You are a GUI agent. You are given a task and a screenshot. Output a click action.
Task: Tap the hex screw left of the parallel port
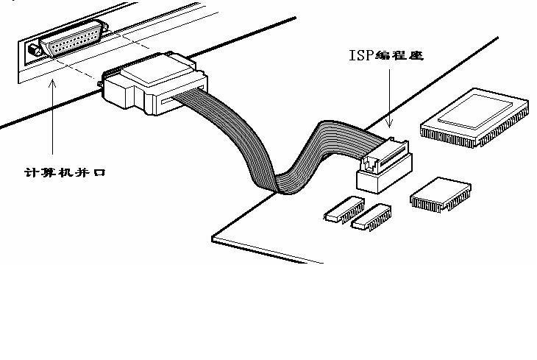click(x=33, y=52)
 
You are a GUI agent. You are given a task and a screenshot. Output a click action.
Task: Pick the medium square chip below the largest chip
click(x=440, y=195)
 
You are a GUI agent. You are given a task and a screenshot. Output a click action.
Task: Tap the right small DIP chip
click(x=371, y=215)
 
